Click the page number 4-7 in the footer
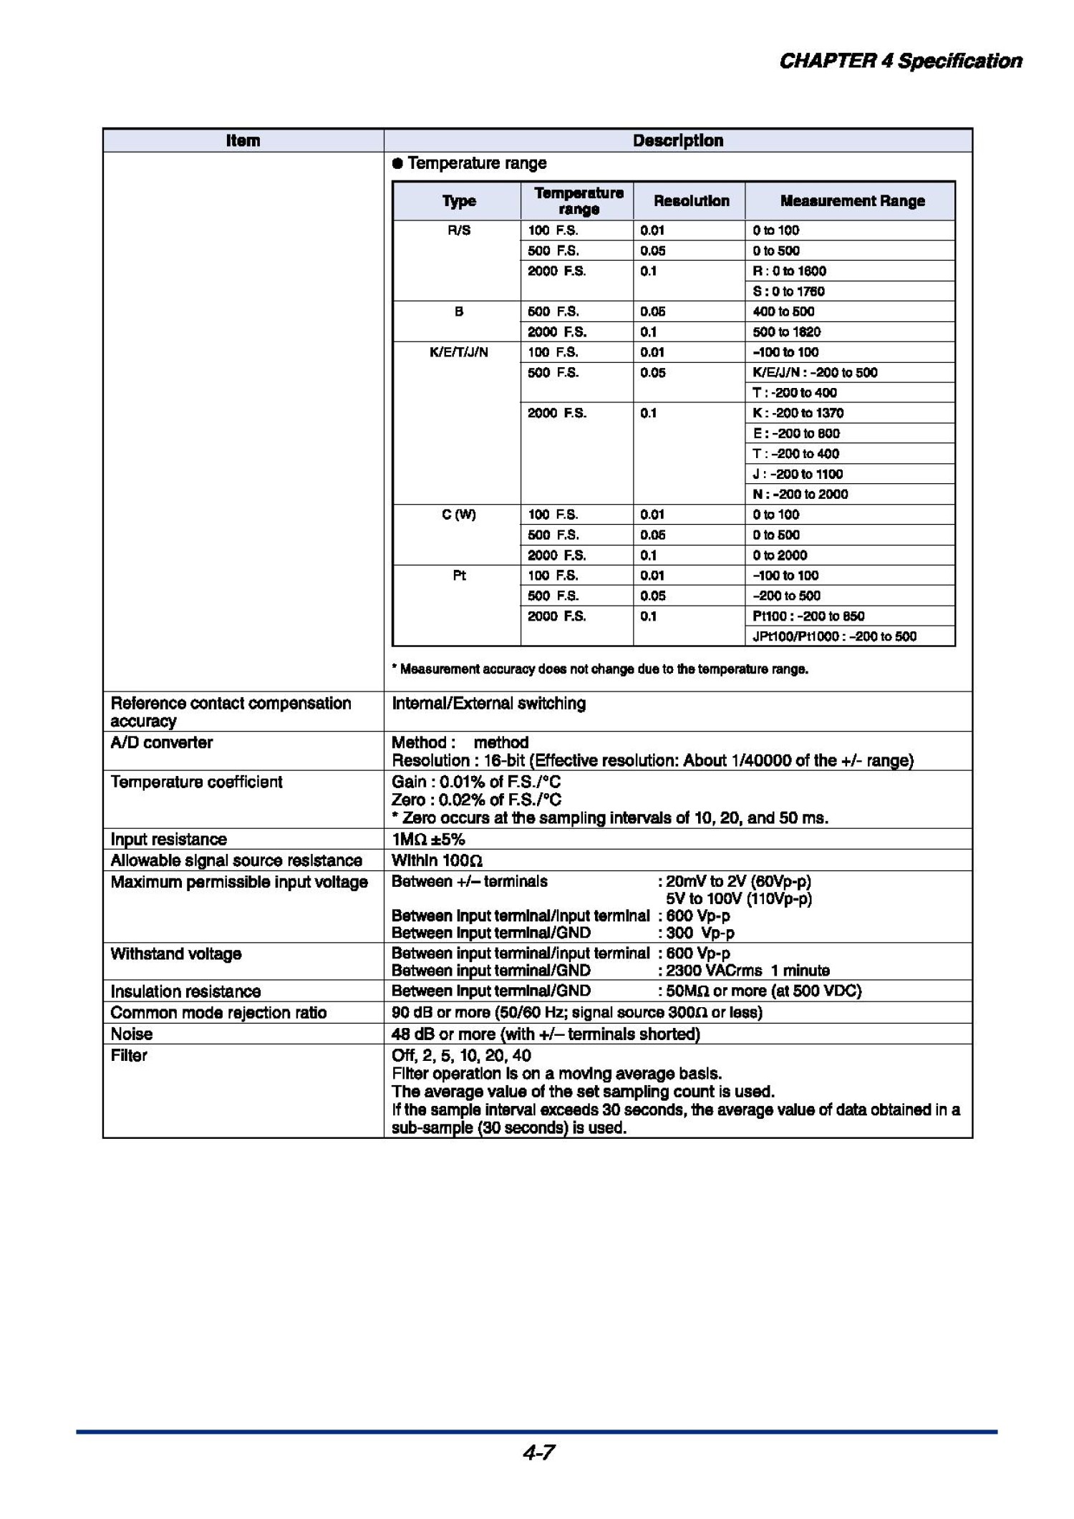538,1452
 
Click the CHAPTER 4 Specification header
900,62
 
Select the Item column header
243,141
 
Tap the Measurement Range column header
852,201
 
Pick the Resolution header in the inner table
691,201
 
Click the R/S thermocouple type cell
459,230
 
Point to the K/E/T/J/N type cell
459,352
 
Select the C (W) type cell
459,515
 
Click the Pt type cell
459,576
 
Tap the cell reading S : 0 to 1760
788,291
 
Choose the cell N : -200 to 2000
800,495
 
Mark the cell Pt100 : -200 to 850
808,616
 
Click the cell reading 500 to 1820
787,332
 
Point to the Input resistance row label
169,840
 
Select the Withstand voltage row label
176,954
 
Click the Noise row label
132,1034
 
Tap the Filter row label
129,1056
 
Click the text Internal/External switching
488,704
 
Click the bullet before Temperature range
398,164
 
